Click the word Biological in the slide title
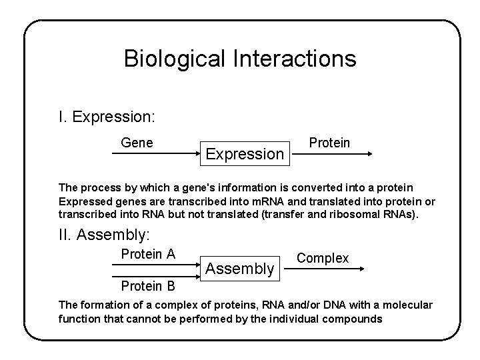pos(175,59)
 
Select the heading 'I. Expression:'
pos(107,117)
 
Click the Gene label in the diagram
pos(137,142)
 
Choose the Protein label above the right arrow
pos(329,143)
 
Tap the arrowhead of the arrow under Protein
pos(369,154)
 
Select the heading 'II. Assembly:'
pos(105,234)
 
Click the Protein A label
pos(148,254)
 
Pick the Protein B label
pos(148,287)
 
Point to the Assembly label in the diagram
pos(239,269)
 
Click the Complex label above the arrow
pos(323,258)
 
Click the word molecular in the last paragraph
pos(407,305)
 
